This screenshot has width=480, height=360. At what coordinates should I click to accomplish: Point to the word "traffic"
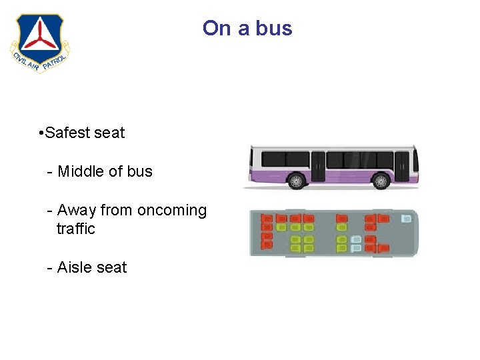[x=75, y=229]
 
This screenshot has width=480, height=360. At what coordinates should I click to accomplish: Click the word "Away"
[x=77, y=211]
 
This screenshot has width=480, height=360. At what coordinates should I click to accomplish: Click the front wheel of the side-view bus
[x=381, y=181]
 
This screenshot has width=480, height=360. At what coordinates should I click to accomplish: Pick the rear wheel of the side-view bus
[x=295, y=181]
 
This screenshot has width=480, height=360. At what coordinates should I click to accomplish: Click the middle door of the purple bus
[x=318, y=165]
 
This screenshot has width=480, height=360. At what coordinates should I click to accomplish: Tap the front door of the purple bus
[x=401, y=165]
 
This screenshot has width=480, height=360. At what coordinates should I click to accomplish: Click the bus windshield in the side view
[x=415, y=160]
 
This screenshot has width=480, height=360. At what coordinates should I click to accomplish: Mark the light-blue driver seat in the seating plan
[x=405, y=218]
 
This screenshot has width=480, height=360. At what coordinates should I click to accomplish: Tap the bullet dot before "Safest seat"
[x=41, y=133]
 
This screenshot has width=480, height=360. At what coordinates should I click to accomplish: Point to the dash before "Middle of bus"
[x=50, y=172]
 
